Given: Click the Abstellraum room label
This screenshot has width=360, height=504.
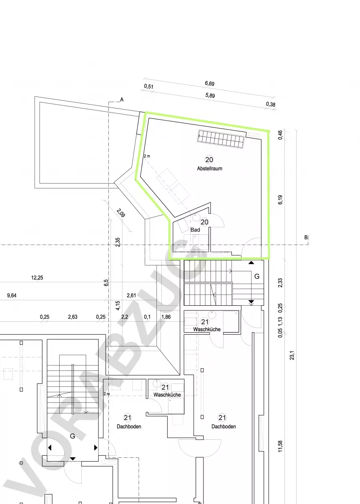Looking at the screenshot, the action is [x=210, y=168].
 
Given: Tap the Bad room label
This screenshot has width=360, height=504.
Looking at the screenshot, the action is [x=195, y=230].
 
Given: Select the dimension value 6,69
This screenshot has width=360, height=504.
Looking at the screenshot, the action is [x=210, y=84].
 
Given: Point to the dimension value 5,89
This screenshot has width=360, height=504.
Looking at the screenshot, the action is [x=210, y=95].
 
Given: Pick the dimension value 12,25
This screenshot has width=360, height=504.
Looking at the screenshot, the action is [x=37, y=278].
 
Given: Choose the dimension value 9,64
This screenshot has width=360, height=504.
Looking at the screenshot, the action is [x=12, y=295].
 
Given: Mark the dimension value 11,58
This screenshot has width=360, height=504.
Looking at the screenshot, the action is [x=280, y=446].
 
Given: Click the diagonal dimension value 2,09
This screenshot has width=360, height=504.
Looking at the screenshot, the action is [x=121, y=213].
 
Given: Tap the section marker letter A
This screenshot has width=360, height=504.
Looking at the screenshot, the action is [x=122, y=100].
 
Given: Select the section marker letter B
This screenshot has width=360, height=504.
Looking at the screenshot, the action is [x=306, y=237].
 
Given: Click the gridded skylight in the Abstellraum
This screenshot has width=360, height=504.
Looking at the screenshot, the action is [x=221, y=139].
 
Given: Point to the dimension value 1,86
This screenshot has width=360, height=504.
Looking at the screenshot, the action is [x=166, y=317].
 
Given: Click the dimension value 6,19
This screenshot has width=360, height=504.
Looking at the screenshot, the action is [x=280, y=199].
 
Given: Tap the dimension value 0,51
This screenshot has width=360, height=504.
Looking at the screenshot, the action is [x=149, y=87].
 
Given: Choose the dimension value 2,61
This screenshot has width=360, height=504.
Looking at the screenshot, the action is [x=131, y=295].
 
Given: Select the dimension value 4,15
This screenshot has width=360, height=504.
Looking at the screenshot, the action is [x=118, y=306].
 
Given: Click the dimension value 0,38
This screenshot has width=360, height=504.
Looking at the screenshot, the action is [x=271, y=104].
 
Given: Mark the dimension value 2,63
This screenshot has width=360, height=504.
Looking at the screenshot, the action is [x=73, y=317].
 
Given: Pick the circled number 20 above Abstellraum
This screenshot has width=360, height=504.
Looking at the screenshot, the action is [x=209, y=160].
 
